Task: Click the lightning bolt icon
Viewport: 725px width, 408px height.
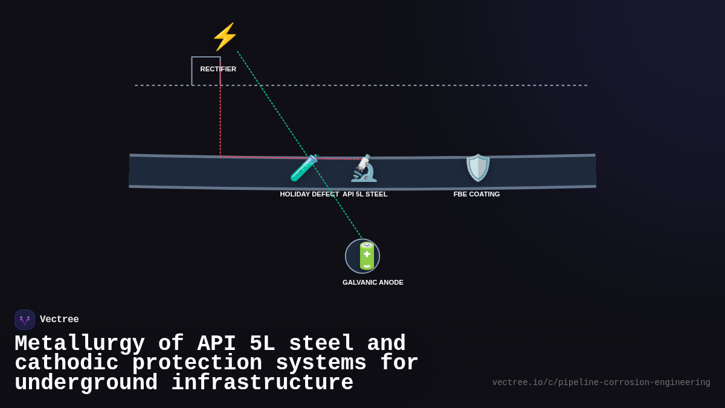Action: (224, 37)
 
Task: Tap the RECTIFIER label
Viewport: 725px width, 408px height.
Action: (218, 69)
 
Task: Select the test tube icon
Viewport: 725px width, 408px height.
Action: (303, 168)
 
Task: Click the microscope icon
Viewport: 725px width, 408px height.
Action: (364, 168)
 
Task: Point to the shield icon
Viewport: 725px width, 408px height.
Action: (477, 167)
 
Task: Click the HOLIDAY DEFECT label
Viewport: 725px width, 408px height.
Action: (309, 194)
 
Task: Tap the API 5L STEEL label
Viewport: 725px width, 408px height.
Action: (365, 194)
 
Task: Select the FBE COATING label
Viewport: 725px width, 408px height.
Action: (477, 194)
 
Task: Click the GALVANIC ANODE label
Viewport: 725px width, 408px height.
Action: (373, 282)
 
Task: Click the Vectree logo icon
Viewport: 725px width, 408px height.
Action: (25, 320)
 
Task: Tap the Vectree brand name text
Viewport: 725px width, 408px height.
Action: (59, 320)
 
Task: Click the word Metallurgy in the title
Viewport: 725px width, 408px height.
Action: (80, 344)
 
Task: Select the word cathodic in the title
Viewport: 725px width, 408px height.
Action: (66, 363)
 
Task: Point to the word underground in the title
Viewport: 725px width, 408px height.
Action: (86, 383)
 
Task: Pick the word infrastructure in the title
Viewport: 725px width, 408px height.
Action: (262, 383)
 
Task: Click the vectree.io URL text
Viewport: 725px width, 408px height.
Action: (601, 383)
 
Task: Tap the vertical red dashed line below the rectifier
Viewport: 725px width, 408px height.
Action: (221, 121)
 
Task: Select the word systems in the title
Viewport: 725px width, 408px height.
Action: (321, 363)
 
